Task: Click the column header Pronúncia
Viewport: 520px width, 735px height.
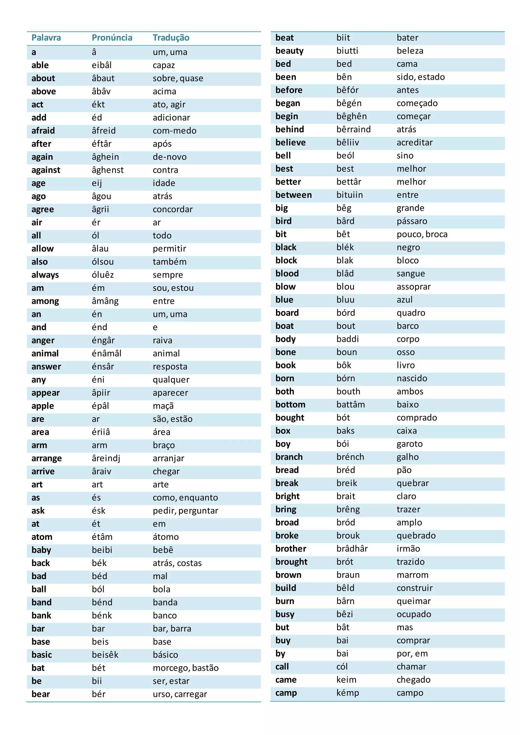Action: coord(112,38)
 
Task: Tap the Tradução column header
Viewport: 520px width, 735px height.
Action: coord(171,38)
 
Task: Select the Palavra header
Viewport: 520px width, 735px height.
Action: coord(46,38)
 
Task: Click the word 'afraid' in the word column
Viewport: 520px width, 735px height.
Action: coord(43,131)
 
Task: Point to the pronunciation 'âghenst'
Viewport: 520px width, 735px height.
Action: coord(108,170)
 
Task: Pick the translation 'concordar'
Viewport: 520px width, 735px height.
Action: coord(173,209)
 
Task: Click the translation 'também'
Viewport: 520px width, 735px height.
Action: coord(169,262)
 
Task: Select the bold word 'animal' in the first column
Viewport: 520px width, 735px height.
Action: coord(45,354)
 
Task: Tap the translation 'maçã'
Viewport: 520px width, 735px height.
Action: coord(163,406)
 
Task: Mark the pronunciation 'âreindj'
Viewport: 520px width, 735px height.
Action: coord(106,458)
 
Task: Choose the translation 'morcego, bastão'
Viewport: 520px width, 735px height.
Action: coord(185,668)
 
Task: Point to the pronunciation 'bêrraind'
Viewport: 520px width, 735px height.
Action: coord(353,129)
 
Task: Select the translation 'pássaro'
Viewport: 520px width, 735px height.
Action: coord(412,221)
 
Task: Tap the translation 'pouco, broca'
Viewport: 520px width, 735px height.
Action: coord(422,234)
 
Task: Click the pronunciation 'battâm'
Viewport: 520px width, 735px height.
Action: coord(350,405)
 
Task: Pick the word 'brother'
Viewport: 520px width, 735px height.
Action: coord(291,549)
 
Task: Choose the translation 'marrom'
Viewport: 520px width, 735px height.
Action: coord(412,575)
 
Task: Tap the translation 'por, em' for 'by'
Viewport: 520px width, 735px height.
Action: coord(412,654)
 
